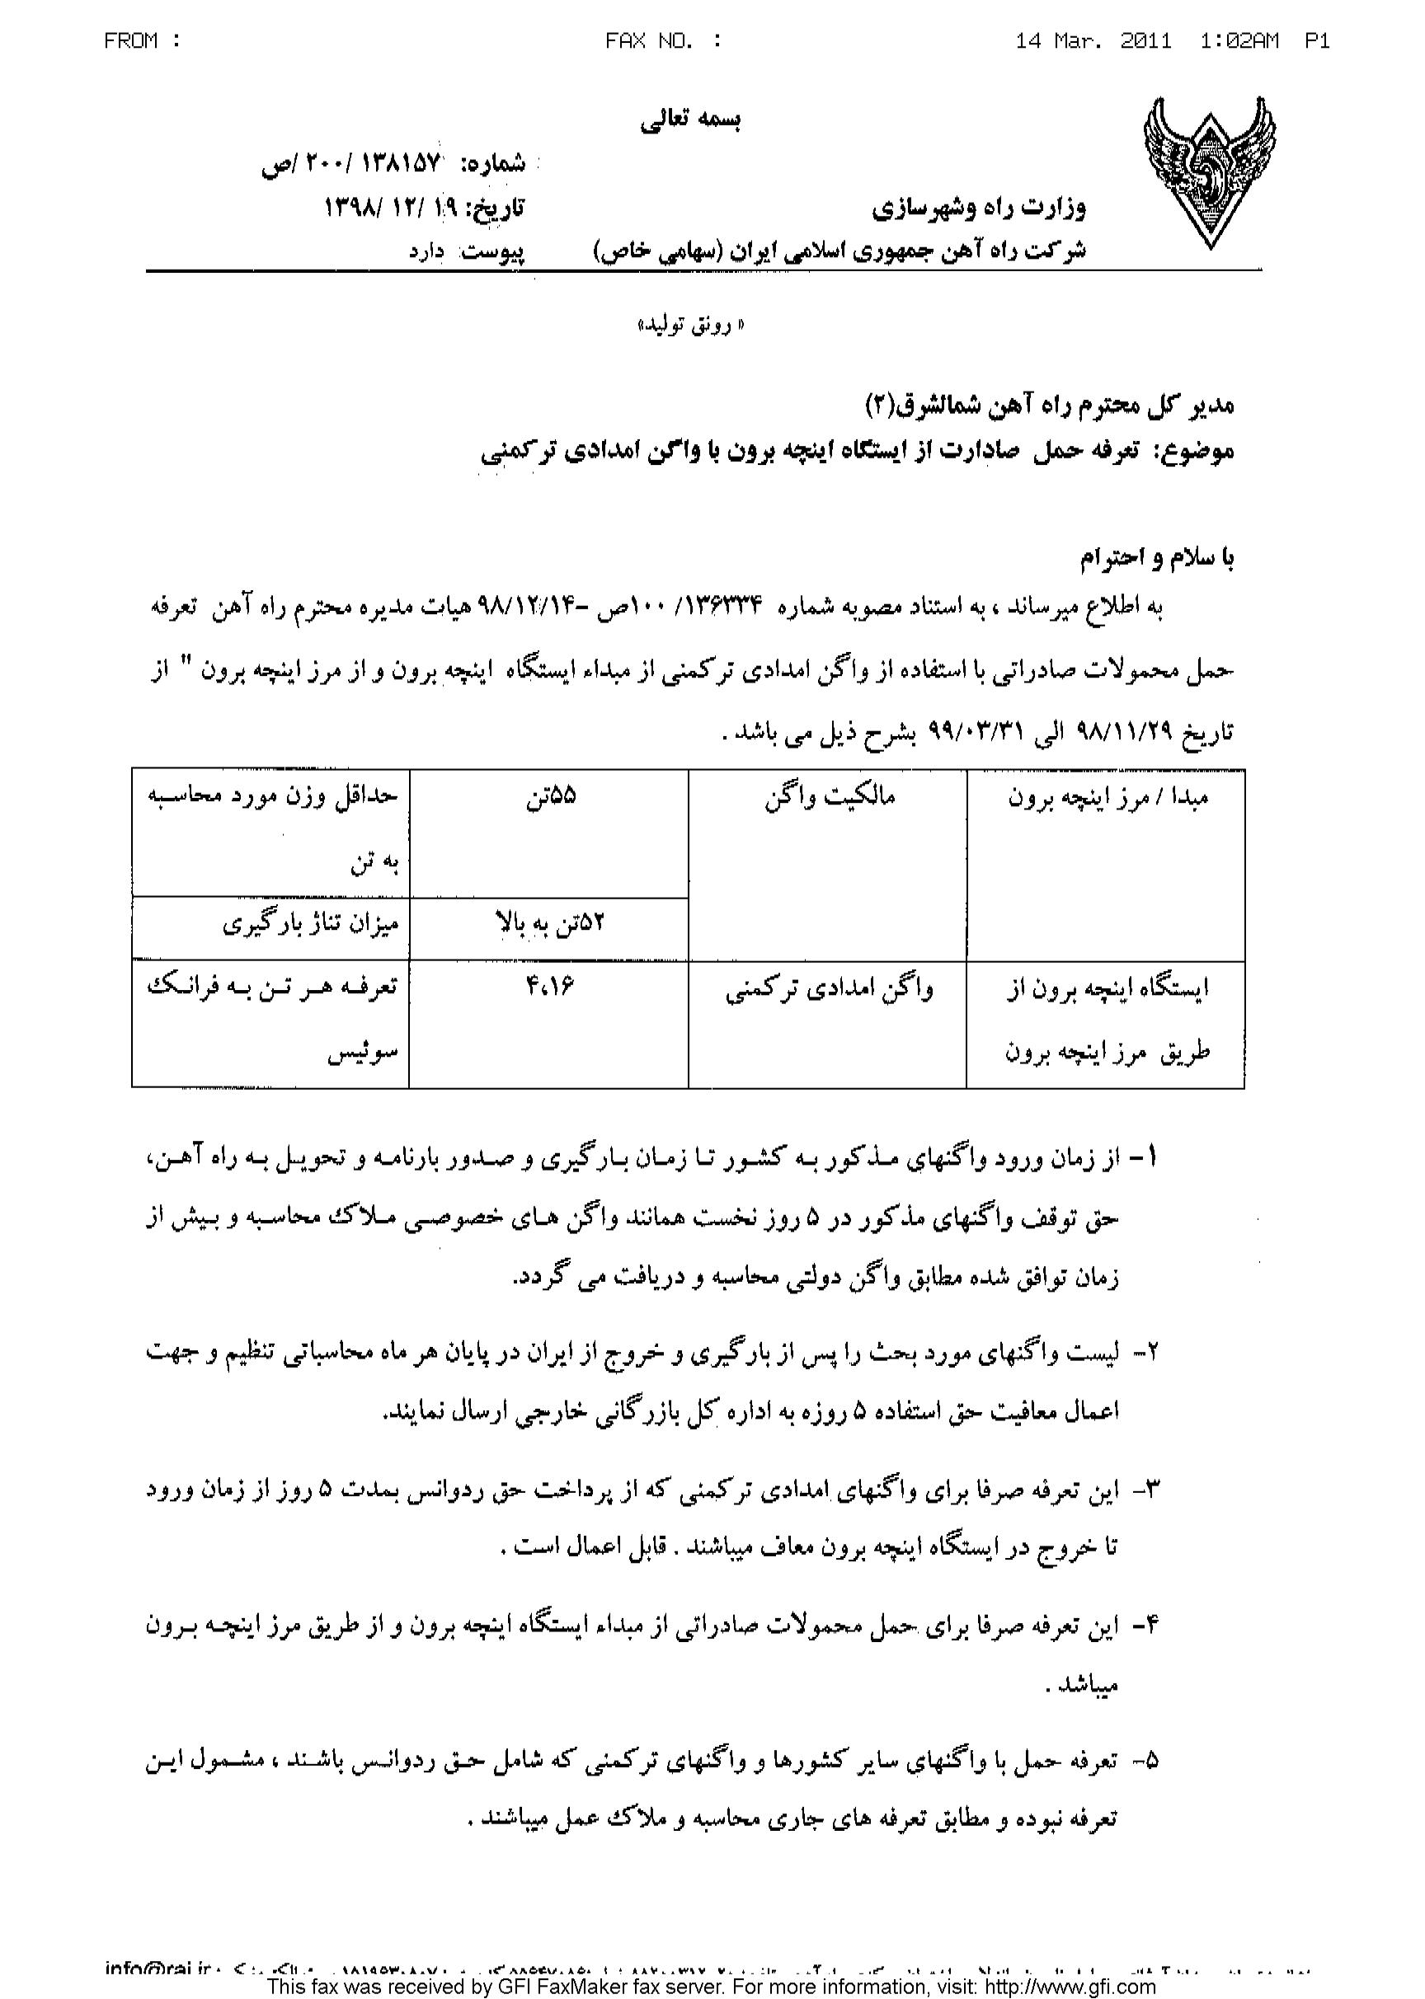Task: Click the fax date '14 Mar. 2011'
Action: (1093, 41)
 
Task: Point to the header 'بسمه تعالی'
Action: (690, 120)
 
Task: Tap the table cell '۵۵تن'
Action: (550, 798)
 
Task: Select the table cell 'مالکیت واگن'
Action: (828, 798)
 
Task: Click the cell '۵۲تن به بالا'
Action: (550, 923)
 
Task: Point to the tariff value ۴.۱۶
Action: (550, 987)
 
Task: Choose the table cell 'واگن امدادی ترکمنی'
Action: (828, 989)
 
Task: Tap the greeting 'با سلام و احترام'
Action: (1155, 557)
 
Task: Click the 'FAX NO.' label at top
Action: (663, 41)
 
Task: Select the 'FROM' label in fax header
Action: (142, 41)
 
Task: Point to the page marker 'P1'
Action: (1317, 41)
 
